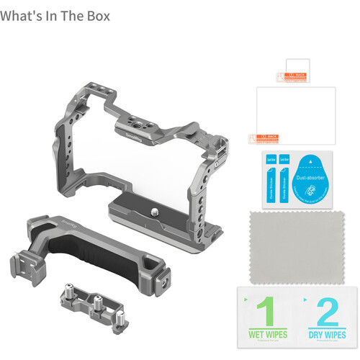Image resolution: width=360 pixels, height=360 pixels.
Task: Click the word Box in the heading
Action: [96, 16]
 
